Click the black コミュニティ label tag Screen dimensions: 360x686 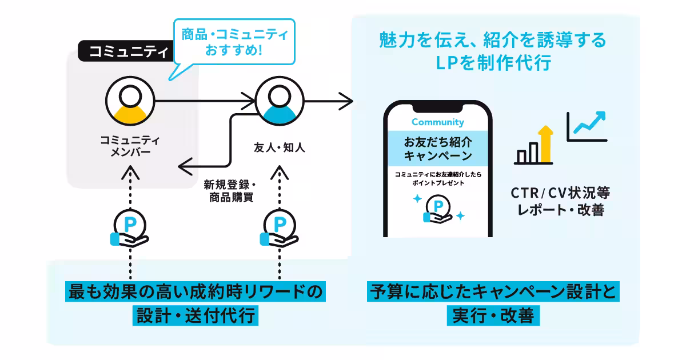pos(124,52)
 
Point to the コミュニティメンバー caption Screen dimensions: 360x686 pos(130,146)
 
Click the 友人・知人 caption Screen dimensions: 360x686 pos(279,147)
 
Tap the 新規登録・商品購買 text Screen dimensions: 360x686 pos(230,191)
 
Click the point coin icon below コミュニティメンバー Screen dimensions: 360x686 pos(130,227)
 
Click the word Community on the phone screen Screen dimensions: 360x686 pos(438,122)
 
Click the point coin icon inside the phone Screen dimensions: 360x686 pos(438,207)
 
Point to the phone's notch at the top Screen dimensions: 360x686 pos(438,107)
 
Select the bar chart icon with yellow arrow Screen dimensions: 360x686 pos(536,146)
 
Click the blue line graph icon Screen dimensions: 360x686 pos(587,126)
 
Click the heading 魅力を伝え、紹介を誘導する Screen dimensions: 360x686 pos(492,42)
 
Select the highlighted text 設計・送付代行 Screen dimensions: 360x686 pos(196,315)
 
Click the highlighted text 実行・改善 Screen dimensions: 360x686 pos(492,315)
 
